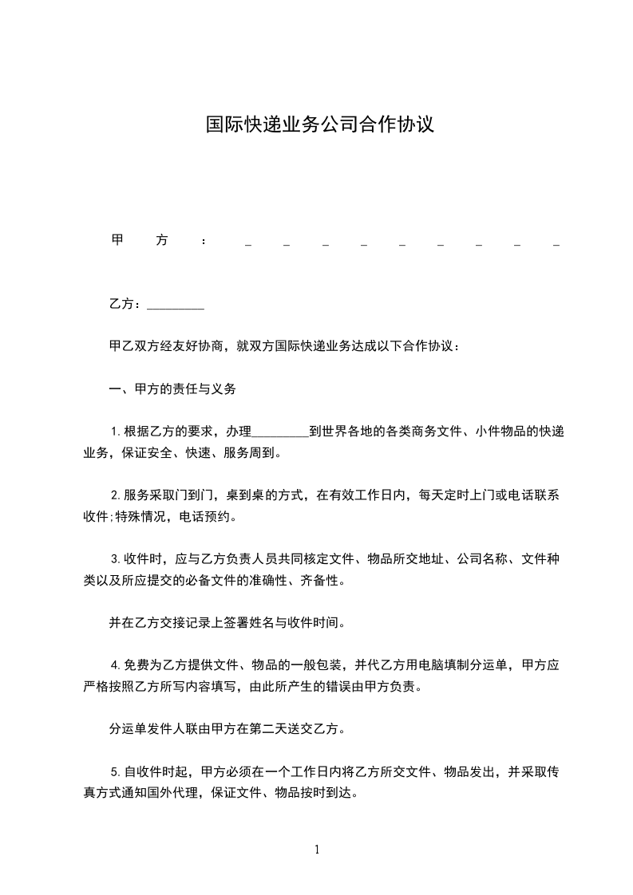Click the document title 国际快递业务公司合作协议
(319, 124)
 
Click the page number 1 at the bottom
(317, 850)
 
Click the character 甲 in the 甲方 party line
(117, 240)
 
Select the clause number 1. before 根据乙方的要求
(115, 432)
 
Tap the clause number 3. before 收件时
(115, 559)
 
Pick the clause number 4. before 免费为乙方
(115, 664)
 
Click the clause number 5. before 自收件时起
(115, 771)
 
